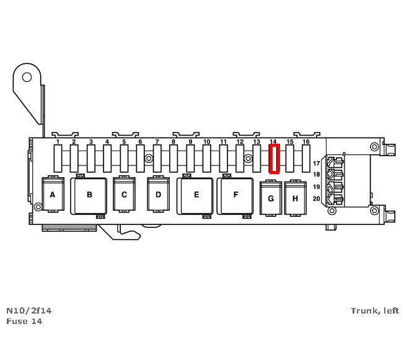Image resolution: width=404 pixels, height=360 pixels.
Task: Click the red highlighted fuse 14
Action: pyautogui.click(x=274, y=159)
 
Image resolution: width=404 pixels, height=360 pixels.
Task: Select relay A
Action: pyautogui.click(x=53, y=195)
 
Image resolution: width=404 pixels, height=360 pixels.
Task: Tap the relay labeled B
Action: pyautogui.click(x=89, y=195)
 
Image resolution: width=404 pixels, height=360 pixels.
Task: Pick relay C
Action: pyautogui.click(x=124, y=195)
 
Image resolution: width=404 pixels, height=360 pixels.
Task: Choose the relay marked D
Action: pyautogui.click(x=158, y=195)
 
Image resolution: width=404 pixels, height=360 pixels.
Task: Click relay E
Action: pyautogui.click(x=196, y=195)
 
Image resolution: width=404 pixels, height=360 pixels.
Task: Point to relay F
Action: pyautogui.click(x=235, y=195)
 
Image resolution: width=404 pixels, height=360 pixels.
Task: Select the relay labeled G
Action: pyautogui.click(x=270, y=198)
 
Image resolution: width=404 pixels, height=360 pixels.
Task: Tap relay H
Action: pyautogui.click(x=296, y=198)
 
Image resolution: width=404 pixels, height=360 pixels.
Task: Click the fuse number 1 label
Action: pyautogui.click(x=58, y=142)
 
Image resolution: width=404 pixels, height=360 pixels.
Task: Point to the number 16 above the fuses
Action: pyautogui.click(x=305, y=142)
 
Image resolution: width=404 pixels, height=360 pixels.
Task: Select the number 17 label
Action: pyautogui.click(x=316, y=163)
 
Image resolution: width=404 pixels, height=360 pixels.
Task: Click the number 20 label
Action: pyautogui.click(x=316, y=198)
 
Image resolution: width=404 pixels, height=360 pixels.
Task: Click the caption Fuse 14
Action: pyautogui.click(x=24, y=321)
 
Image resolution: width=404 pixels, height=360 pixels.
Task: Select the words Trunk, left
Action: pyautogui.click(x=375, y=310)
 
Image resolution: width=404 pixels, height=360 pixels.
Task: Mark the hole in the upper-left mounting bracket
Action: pyautogui.click(x=27, y=77)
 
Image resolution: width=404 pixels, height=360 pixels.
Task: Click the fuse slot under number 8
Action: pyautogui.click(x=173, y=159)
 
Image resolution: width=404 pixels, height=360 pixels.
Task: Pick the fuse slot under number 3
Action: pyautogui.click(x=90, y=159)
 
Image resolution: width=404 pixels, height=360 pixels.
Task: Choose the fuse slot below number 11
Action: pyautogui.click(x=224, y=159)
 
